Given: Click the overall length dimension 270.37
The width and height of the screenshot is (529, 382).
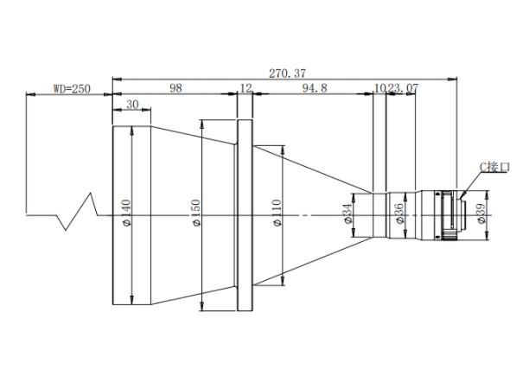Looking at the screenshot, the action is pyautogui.click(x=287, y=73).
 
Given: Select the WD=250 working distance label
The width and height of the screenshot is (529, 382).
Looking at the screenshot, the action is pyautogui.click(x=72, y=89).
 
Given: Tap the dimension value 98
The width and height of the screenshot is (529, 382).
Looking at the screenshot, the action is pyautogui.click(x=175, y=88).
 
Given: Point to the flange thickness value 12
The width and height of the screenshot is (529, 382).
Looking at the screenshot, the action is pyautogui.click(x=246, y=88).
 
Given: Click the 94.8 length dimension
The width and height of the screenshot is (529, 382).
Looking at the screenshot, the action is pyautogui.click(x=315, y=88).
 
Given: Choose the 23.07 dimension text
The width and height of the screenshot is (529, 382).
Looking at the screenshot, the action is pyautogui.click(x=403, y=88).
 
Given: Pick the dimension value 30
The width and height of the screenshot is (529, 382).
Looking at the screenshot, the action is pyautogui.click(x=132, y=105).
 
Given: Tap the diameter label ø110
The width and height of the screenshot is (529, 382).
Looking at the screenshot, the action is pyautogui.click(x=277, y=213).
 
